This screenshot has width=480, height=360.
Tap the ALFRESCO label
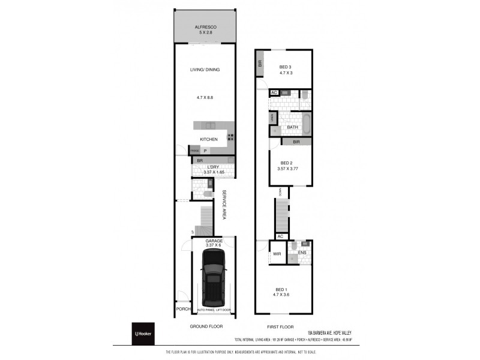205,28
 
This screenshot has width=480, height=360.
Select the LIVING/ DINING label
205,70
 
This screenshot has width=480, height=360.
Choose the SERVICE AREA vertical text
224,205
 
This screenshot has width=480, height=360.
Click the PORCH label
183,309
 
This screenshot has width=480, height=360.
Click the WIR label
277,254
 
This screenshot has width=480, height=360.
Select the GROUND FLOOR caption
206,327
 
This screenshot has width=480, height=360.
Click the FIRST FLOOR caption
281,327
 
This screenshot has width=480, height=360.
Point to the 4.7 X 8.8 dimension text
205,97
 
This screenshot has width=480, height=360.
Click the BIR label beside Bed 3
260,62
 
